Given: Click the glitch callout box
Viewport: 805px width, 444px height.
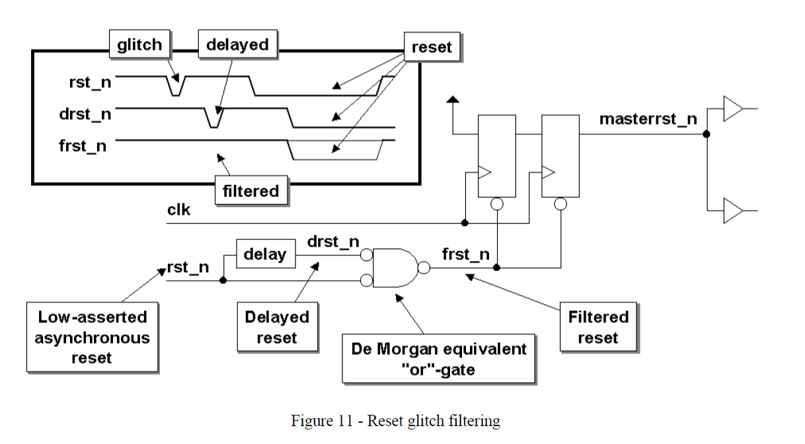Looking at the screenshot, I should (x=139, y=45).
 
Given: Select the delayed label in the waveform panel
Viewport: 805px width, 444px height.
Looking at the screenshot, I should (x=237, y=45).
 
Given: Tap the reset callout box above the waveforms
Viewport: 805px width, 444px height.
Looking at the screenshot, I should (x=431, y=47).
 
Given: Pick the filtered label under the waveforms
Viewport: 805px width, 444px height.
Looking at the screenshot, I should (x=250, y=191).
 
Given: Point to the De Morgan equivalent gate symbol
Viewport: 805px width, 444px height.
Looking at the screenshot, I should (x=394, y=268).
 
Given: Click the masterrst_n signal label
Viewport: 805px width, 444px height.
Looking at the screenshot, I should (x=648, y=119).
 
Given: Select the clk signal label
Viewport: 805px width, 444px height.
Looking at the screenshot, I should (x=178, y=210).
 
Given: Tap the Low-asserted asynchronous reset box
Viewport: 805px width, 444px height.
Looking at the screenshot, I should (x=93, y=338).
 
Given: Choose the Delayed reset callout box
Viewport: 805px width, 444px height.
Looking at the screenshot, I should (x=277, y=327).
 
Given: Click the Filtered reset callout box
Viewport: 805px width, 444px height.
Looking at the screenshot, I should (x=598, y=327).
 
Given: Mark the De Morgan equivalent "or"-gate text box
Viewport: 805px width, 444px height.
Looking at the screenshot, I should (x=438, y=359).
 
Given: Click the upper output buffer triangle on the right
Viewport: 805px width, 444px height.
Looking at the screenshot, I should (x=732, y=109).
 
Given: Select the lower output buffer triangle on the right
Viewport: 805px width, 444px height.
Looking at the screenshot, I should (x=732, y=211).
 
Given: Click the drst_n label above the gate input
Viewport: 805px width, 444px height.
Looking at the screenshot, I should (x=333, y=242).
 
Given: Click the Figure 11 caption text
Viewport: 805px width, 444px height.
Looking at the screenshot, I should (x=395, y=421).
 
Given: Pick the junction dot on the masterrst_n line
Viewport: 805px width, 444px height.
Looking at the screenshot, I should (x=706, y=134).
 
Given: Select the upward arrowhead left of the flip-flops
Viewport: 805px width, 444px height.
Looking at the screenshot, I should (x=452, y=100).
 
